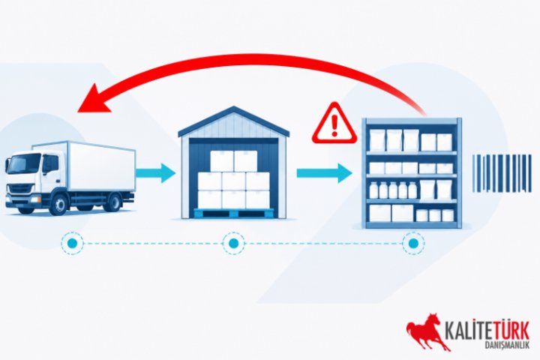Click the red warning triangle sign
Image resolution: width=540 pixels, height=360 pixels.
pyautogui.click(x=334, y=124)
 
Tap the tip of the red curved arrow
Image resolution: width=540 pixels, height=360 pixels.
pyautogui.click(x=78, y=111)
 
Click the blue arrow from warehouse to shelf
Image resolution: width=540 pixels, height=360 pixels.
pyautogui.click(x=325, y=173)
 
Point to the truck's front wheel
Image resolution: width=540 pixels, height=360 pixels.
pyautogui.click(x=59, y=204)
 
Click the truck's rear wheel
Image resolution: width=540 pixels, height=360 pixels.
pyautogui.click(x=112, y=202)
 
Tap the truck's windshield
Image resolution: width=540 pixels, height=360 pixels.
pyautogui.click(x=24, y=163)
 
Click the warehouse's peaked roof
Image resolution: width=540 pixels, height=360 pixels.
pyautogui.click(x=234, y=121)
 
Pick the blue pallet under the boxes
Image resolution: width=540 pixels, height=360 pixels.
pyautogui.click(x=234, y=214)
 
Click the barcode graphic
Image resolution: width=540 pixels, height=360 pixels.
pyautogui.click(x=502, y=173)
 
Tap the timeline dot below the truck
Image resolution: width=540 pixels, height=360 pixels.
pyautogui.click(x=72, y=244)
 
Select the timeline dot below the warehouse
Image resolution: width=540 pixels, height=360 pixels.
pyautogui.click(x=234, y=244)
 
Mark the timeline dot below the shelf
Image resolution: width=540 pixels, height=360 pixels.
pyautogui.click(x=413, y=244)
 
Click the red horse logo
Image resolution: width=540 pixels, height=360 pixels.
pyautogui.click(x=426, y=331)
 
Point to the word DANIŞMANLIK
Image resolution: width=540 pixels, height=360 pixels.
pyautogui.click(x=506, y=346)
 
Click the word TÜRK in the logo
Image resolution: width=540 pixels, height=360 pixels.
pyautogui.click(x=511, y=331)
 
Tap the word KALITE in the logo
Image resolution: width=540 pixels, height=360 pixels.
pyautogui.click(x=468, y=331)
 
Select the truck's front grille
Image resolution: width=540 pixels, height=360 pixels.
pyautogui.click(x=21, y=189)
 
